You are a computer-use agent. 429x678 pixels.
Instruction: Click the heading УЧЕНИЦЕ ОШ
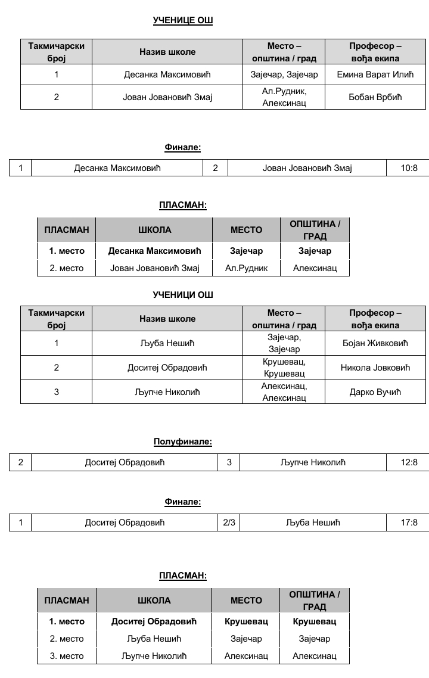click(x=183, y=20)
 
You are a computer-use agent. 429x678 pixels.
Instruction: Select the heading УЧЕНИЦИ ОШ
click(x=183, y=294)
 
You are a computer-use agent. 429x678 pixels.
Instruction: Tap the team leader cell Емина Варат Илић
click(x=375, y=74)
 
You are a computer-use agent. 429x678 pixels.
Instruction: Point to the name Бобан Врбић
click(x=375, y=97)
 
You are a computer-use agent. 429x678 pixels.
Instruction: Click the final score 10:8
click(x=410, y=168)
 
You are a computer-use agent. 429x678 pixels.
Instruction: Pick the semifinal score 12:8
click(x=410, y=462)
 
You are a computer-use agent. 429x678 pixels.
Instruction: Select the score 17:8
click(x=410, y=523)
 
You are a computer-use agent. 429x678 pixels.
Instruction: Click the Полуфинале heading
click(x=183, y=441)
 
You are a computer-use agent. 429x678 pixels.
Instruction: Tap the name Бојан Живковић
click(x=375, y=343)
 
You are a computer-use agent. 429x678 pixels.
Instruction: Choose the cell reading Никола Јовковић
click(x=375, y=368)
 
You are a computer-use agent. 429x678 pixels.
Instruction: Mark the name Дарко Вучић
click(x=375, y=391)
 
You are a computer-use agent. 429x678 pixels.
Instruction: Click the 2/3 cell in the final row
click(x=229, y=523)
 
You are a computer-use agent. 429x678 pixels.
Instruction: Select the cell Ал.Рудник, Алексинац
click(x=284, y=97)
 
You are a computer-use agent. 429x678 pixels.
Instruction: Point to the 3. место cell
click(x=67, y=656)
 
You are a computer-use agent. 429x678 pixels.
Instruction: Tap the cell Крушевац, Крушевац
click(x=284, y=368)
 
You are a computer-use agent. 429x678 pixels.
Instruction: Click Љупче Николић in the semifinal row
click(x=313, y=462)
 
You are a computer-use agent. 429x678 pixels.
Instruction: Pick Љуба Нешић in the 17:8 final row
click(x=313, y=523)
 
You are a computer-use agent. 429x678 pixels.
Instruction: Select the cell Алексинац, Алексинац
click(x=284, y=391)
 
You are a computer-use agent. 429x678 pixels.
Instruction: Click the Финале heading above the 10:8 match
click(x=183, y=147)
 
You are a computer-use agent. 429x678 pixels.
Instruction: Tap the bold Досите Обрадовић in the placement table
click(x=154, y=621)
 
